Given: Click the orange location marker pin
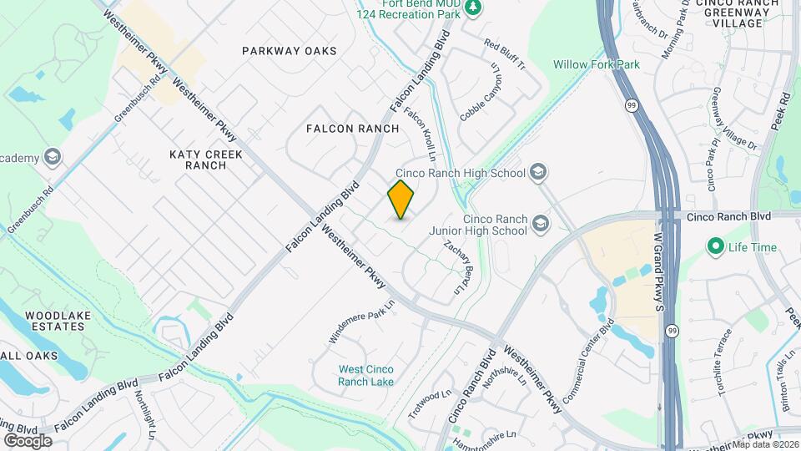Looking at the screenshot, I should click(401, 199).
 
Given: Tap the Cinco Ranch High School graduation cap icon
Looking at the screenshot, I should click(539, 173).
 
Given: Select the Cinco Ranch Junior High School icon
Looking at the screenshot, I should click(541, 223).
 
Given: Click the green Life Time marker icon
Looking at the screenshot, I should click(714, 247).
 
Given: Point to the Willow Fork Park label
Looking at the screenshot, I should click(595, 63).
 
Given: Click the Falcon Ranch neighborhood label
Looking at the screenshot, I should click(352, 129).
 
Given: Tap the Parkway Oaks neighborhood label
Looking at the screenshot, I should click(290, 51).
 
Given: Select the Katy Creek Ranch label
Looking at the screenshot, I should click(205, 160).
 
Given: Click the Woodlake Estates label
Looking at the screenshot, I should click(55, 321).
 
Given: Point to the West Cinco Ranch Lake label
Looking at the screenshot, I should click(366, 376).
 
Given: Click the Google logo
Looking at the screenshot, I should click(27, 440).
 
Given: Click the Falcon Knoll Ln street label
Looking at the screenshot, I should click(421, 133).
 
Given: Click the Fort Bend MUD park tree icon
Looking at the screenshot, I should click(473, 8).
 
